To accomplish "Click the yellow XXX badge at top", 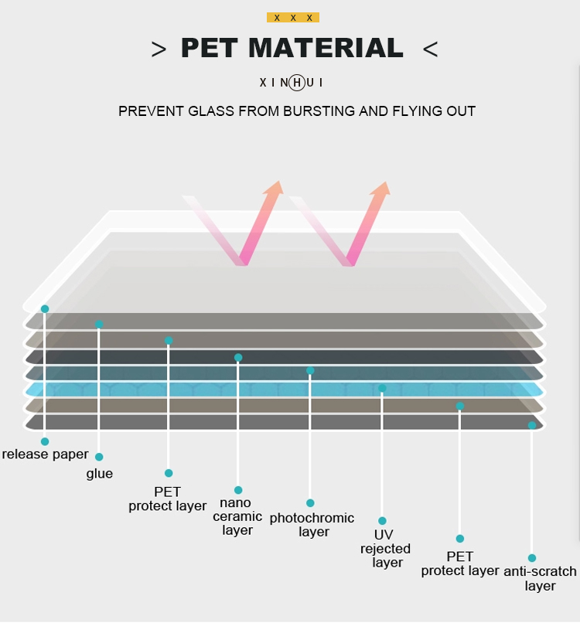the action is click(x=293, y=18).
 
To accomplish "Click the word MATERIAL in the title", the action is click(x=326, y=48).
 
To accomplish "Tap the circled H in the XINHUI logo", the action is click(x=296, y=83).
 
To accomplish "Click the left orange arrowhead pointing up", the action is click(x=275, y=188).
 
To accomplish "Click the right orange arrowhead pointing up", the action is click(x=381, y=189).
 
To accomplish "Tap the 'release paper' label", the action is click(x=45, y=454).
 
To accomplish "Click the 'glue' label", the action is click(x=100, y=474).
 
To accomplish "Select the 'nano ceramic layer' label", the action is click(x=237, y=516).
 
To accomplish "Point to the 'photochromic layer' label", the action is click(x=312, y=525).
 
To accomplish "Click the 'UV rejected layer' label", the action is click(x=385, y=548).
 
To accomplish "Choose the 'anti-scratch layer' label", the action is click(x=540, y=578).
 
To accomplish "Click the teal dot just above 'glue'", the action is click(x=99, y=457).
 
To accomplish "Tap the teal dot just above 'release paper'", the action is click(x=45, y=441).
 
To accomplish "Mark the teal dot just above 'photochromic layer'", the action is click(x=310, y=503).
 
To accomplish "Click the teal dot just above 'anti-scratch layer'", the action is click(x=532, y=558).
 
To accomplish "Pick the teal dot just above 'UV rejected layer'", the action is click(x=382, y=520).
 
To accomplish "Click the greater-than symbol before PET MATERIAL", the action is click(x=159, y=49).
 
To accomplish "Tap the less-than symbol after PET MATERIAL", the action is click(x=431, y=49).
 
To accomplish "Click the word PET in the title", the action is click(x=209, y=48).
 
